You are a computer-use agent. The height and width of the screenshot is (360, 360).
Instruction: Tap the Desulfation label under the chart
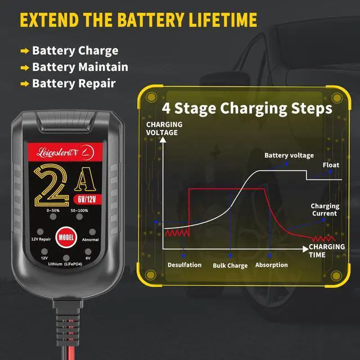coord(184,265)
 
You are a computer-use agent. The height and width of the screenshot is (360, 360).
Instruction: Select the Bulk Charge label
coord(229,265)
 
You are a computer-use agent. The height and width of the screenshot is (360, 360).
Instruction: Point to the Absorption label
coord(271,265)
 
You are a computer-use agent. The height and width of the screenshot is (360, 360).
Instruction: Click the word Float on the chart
coord(331,165)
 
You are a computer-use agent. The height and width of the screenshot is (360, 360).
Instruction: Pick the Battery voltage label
coord(289,155)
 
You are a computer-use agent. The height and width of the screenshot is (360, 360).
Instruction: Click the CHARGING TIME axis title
coord(327,250)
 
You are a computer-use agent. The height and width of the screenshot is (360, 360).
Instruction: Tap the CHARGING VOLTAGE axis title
coord(164,128)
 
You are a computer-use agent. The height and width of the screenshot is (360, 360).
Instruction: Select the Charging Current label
coord(324,210)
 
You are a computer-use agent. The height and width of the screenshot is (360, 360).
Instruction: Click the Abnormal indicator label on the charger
coord(90,240)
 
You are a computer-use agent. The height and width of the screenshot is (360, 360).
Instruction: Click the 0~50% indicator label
coord(53,211)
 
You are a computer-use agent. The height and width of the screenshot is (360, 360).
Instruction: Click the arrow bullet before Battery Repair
coord(25,83)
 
